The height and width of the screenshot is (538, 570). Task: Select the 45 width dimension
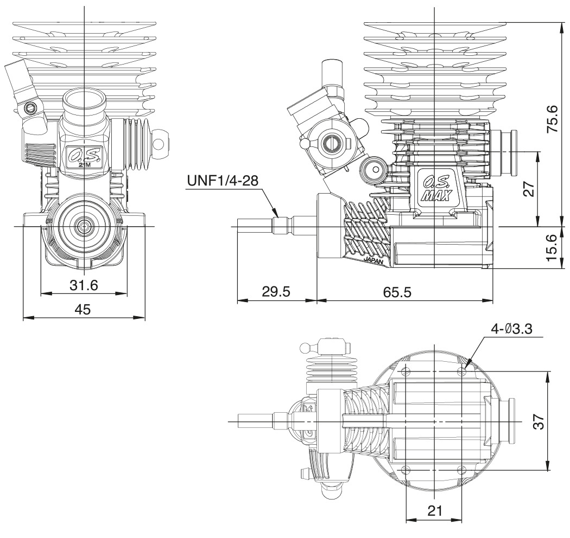(83, 309)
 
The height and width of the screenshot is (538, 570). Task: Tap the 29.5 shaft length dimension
(276, 291)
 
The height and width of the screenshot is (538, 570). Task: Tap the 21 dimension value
(434, 510)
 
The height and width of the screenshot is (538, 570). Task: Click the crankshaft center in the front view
(85, 226)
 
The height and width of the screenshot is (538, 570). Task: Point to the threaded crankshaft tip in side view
(255, 226)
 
